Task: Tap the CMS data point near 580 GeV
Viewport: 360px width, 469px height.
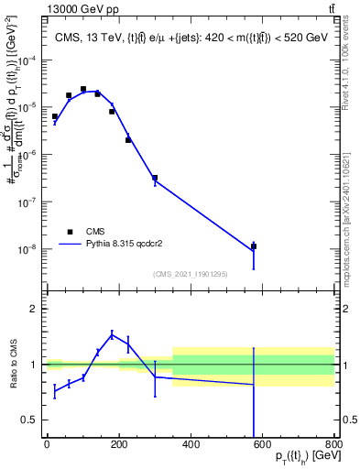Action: [254, 246]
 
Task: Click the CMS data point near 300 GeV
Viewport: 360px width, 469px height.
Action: [155, 178]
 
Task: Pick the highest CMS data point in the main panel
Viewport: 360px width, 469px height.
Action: [83, 90]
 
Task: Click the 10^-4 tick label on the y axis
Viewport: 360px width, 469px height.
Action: [29, 60]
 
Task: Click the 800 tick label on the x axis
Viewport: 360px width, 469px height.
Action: [334, 444]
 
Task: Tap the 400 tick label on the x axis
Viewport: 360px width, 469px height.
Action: [191, 444]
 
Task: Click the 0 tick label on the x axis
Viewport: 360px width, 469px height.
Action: [47, 444]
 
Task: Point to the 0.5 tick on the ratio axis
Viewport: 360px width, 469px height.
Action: [27, 420]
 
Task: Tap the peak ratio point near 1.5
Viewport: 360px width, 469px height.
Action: [112, 334]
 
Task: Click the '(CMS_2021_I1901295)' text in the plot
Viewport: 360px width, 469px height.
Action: [191, 274]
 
